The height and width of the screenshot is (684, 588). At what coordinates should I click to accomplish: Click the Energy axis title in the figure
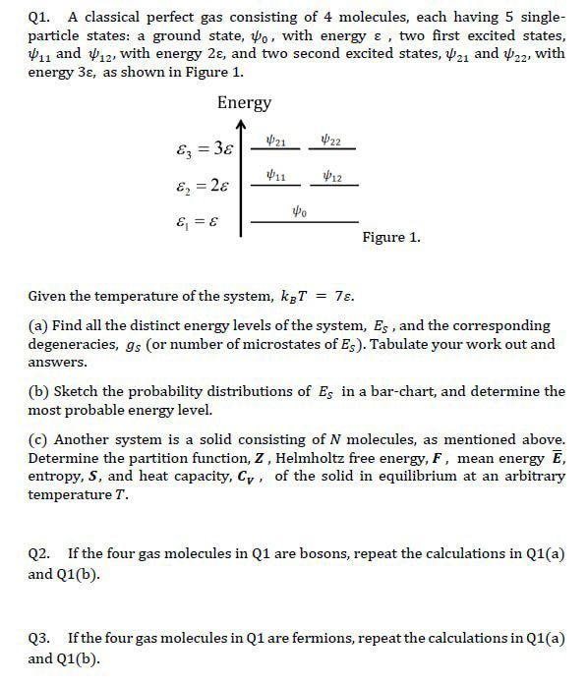pos(244,102)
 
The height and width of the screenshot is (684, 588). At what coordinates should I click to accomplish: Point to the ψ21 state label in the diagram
pos(276,141)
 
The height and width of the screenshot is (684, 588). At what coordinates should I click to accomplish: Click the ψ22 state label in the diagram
pos(332,141)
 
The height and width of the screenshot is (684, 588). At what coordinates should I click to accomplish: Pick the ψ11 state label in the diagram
pos(276,177)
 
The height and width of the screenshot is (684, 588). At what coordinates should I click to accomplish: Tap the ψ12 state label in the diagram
pos(332,177)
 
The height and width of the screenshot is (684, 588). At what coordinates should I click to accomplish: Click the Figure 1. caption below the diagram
pos(391,238)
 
